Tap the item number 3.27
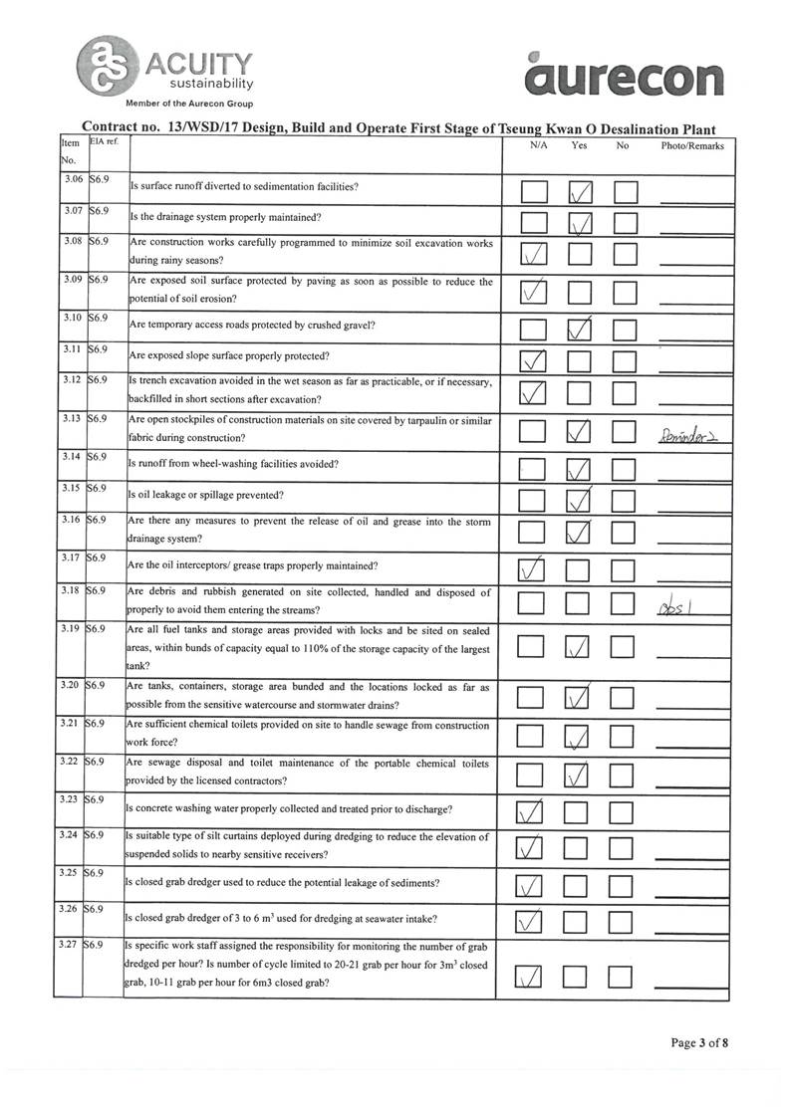(x=70, y=942)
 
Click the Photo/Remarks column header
(x=692, y=146)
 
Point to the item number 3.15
(x=70, y=489)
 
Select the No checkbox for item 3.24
(x=626, y=848)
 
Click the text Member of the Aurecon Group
(x=189, y=104)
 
